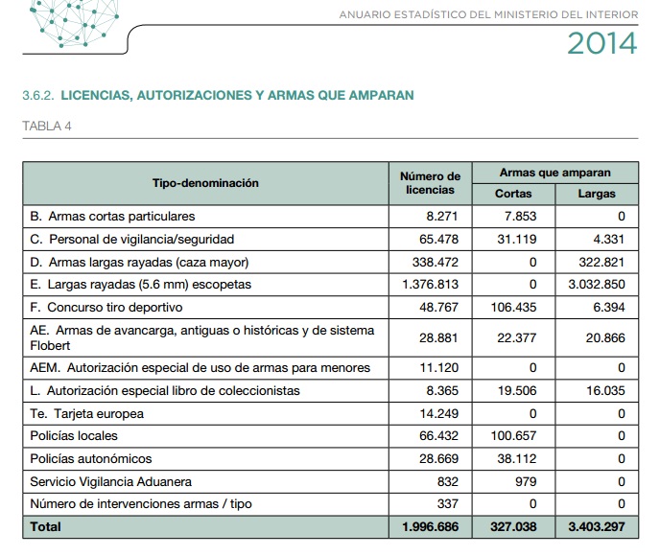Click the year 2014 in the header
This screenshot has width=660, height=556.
tap(601, 43)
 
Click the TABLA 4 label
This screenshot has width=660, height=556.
tap(46, 126)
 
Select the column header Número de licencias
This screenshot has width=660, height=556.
tap(430, 183)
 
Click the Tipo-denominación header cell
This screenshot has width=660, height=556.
tap(205, 183)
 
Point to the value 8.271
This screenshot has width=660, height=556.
tap(442, 217)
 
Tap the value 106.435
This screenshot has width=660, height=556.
tap(514, 308)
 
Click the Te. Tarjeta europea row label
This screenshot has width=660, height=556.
tap(87, 413)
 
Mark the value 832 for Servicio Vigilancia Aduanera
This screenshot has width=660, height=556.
tap(447, 481)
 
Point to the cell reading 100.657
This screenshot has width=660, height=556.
tap(514, 436)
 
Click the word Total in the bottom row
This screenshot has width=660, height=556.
tap(45, 526)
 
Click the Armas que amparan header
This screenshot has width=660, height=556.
tap(554, 173)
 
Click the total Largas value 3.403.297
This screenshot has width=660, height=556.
tap(596, 526)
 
